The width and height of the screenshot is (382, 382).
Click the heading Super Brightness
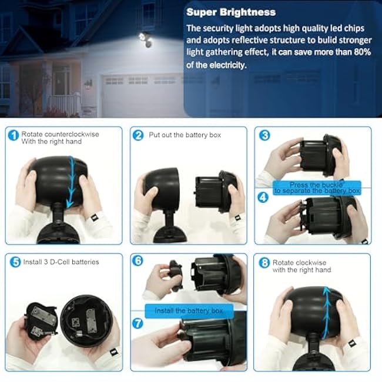pyautogui.click(x=231, y=12)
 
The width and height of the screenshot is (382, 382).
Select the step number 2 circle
pyautogui.click(x=138, y=135)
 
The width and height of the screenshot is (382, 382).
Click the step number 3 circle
pyautogui.click(x=264, y=135)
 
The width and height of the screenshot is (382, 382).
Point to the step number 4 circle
pyautogui.click(x=264, y=199)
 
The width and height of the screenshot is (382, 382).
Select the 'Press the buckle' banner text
pyautogui.click(x=317, y=185)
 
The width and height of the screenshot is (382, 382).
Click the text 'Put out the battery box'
pyautogui.click(x=185, y=135)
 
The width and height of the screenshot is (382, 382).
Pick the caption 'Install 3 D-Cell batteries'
pyautogui.click(x=61, y=262)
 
